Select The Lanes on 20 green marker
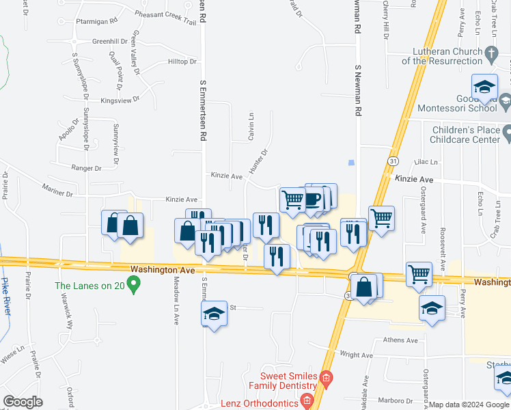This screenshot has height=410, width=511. (134, 282)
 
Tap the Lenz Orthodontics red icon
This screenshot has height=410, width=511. (307, 400)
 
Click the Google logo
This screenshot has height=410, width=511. (23, 402)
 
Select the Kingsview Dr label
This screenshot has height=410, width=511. (120, 99)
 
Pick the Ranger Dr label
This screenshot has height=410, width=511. (86, 167)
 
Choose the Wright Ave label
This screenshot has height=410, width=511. (357, 355)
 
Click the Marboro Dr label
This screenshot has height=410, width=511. (397, 401)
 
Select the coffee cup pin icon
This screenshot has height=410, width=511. (313, 199)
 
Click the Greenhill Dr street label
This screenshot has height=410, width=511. (109, 41)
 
